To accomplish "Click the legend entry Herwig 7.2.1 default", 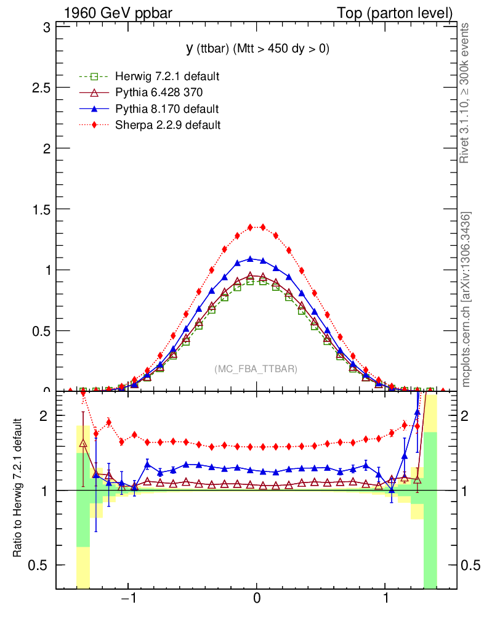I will point(167,76).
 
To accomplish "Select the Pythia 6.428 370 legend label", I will point(159,92).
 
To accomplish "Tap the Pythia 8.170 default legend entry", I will point(167,109).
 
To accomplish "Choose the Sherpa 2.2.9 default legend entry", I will point(167,125).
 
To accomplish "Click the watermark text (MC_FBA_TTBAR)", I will point(256,369).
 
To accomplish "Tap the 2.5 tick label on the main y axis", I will point(41,88).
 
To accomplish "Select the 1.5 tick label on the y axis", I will point(41,209).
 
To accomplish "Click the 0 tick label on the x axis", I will point(257,600).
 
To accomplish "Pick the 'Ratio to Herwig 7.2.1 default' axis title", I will point(18,489).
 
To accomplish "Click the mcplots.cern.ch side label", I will point(466,299).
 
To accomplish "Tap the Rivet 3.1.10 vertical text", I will point(466,92).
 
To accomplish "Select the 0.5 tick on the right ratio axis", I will point(469,565).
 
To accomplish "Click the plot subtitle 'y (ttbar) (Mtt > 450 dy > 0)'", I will point(258,49).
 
